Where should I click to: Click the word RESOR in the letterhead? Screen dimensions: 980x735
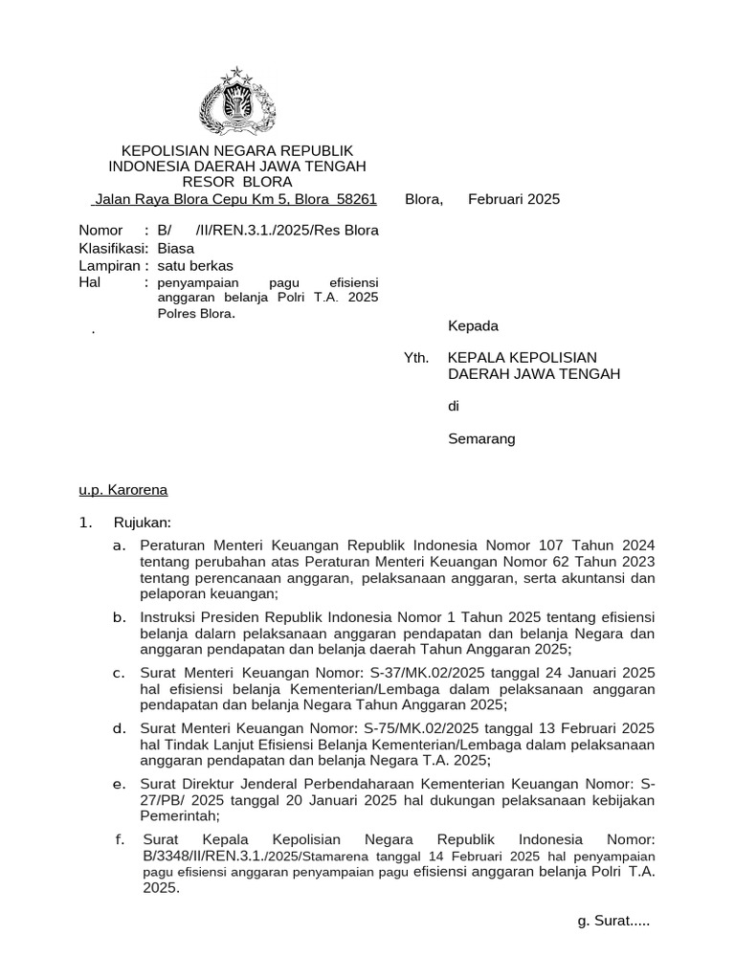(207, 182)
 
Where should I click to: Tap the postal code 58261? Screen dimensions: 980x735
(355, 199)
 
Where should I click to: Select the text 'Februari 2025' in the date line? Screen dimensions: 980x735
(514, 199)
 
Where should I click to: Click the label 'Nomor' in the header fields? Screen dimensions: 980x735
(100, 230)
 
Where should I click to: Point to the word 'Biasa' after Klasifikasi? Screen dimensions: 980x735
(175, 247)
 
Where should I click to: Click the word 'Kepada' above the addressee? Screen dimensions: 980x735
(473, 325)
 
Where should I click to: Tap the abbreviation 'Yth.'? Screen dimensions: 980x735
(416, 357)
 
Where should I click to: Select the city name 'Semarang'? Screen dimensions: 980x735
(481, 438)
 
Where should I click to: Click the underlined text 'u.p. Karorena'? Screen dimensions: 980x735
(122, 490)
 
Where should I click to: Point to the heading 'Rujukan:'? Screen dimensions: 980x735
(143, 522)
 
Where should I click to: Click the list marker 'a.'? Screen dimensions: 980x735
(120, 545)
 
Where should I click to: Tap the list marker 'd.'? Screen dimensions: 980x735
(120, 728)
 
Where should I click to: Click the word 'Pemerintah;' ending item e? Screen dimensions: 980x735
(179, 816)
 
